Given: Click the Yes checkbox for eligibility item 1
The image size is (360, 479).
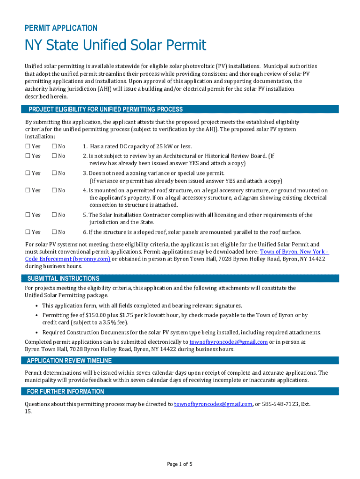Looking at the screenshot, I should [x=27, y=146].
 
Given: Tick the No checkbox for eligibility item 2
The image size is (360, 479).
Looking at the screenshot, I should [x=54, y=156].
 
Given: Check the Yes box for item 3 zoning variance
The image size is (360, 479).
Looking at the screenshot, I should [x=27, y=173].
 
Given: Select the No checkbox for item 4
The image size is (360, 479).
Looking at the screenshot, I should [x=54, y=190].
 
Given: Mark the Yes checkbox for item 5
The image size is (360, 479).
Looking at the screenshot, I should [x=27, y=215].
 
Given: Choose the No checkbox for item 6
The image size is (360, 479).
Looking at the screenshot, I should [x=54, y=232].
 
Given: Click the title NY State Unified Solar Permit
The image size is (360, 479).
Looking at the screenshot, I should [x=115, y=45].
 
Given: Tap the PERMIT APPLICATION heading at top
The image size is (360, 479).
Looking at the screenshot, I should [x=61, y=28].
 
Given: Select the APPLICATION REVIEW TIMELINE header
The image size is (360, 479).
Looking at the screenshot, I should [x=69, y=361].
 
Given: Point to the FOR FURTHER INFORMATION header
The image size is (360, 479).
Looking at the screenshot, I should [x=65, y=392].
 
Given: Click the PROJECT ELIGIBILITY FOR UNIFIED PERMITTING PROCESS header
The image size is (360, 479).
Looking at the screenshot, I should [x=106, y=109].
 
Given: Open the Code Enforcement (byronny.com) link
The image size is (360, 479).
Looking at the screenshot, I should [x=67, y=259].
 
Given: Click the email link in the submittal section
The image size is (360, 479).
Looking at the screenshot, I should [x=228, y=342].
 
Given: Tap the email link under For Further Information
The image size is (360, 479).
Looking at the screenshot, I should [x=213, y=404].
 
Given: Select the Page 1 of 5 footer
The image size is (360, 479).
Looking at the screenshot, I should [x=180, y=464].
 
